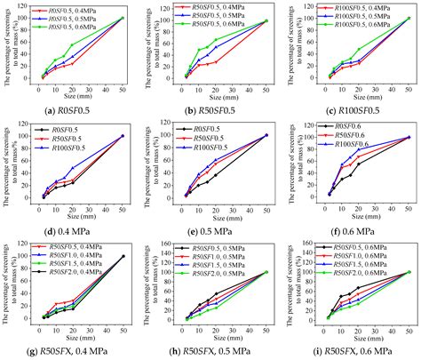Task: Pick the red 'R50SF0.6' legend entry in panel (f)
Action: point(347,138)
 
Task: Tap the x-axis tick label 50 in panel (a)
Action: point(123,87)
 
